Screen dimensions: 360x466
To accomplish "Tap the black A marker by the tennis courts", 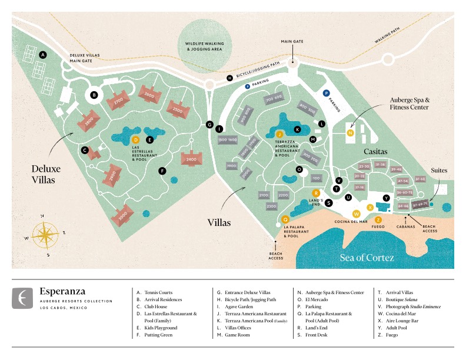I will (42, 54).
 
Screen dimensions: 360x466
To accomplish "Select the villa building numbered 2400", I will (191, 159).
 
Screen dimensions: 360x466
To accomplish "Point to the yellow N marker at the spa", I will (350, 132).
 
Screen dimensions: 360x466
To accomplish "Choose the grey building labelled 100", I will (316, 178).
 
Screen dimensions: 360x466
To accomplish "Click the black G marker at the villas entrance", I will (209, 124).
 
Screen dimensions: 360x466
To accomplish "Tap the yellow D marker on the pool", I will (135, 139).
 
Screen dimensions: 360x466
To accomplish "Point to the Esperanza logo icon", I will (23, 298).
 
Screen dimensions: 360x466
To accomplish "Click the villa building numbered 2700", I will (118, 101).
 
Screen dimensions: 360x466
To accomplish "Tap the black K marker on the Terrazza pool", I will (297, 129).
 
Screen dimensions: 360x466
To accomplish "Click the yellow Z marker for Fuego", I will (378, 219).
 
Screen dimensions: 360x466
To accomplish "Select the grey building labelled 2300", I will (271, 206).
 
